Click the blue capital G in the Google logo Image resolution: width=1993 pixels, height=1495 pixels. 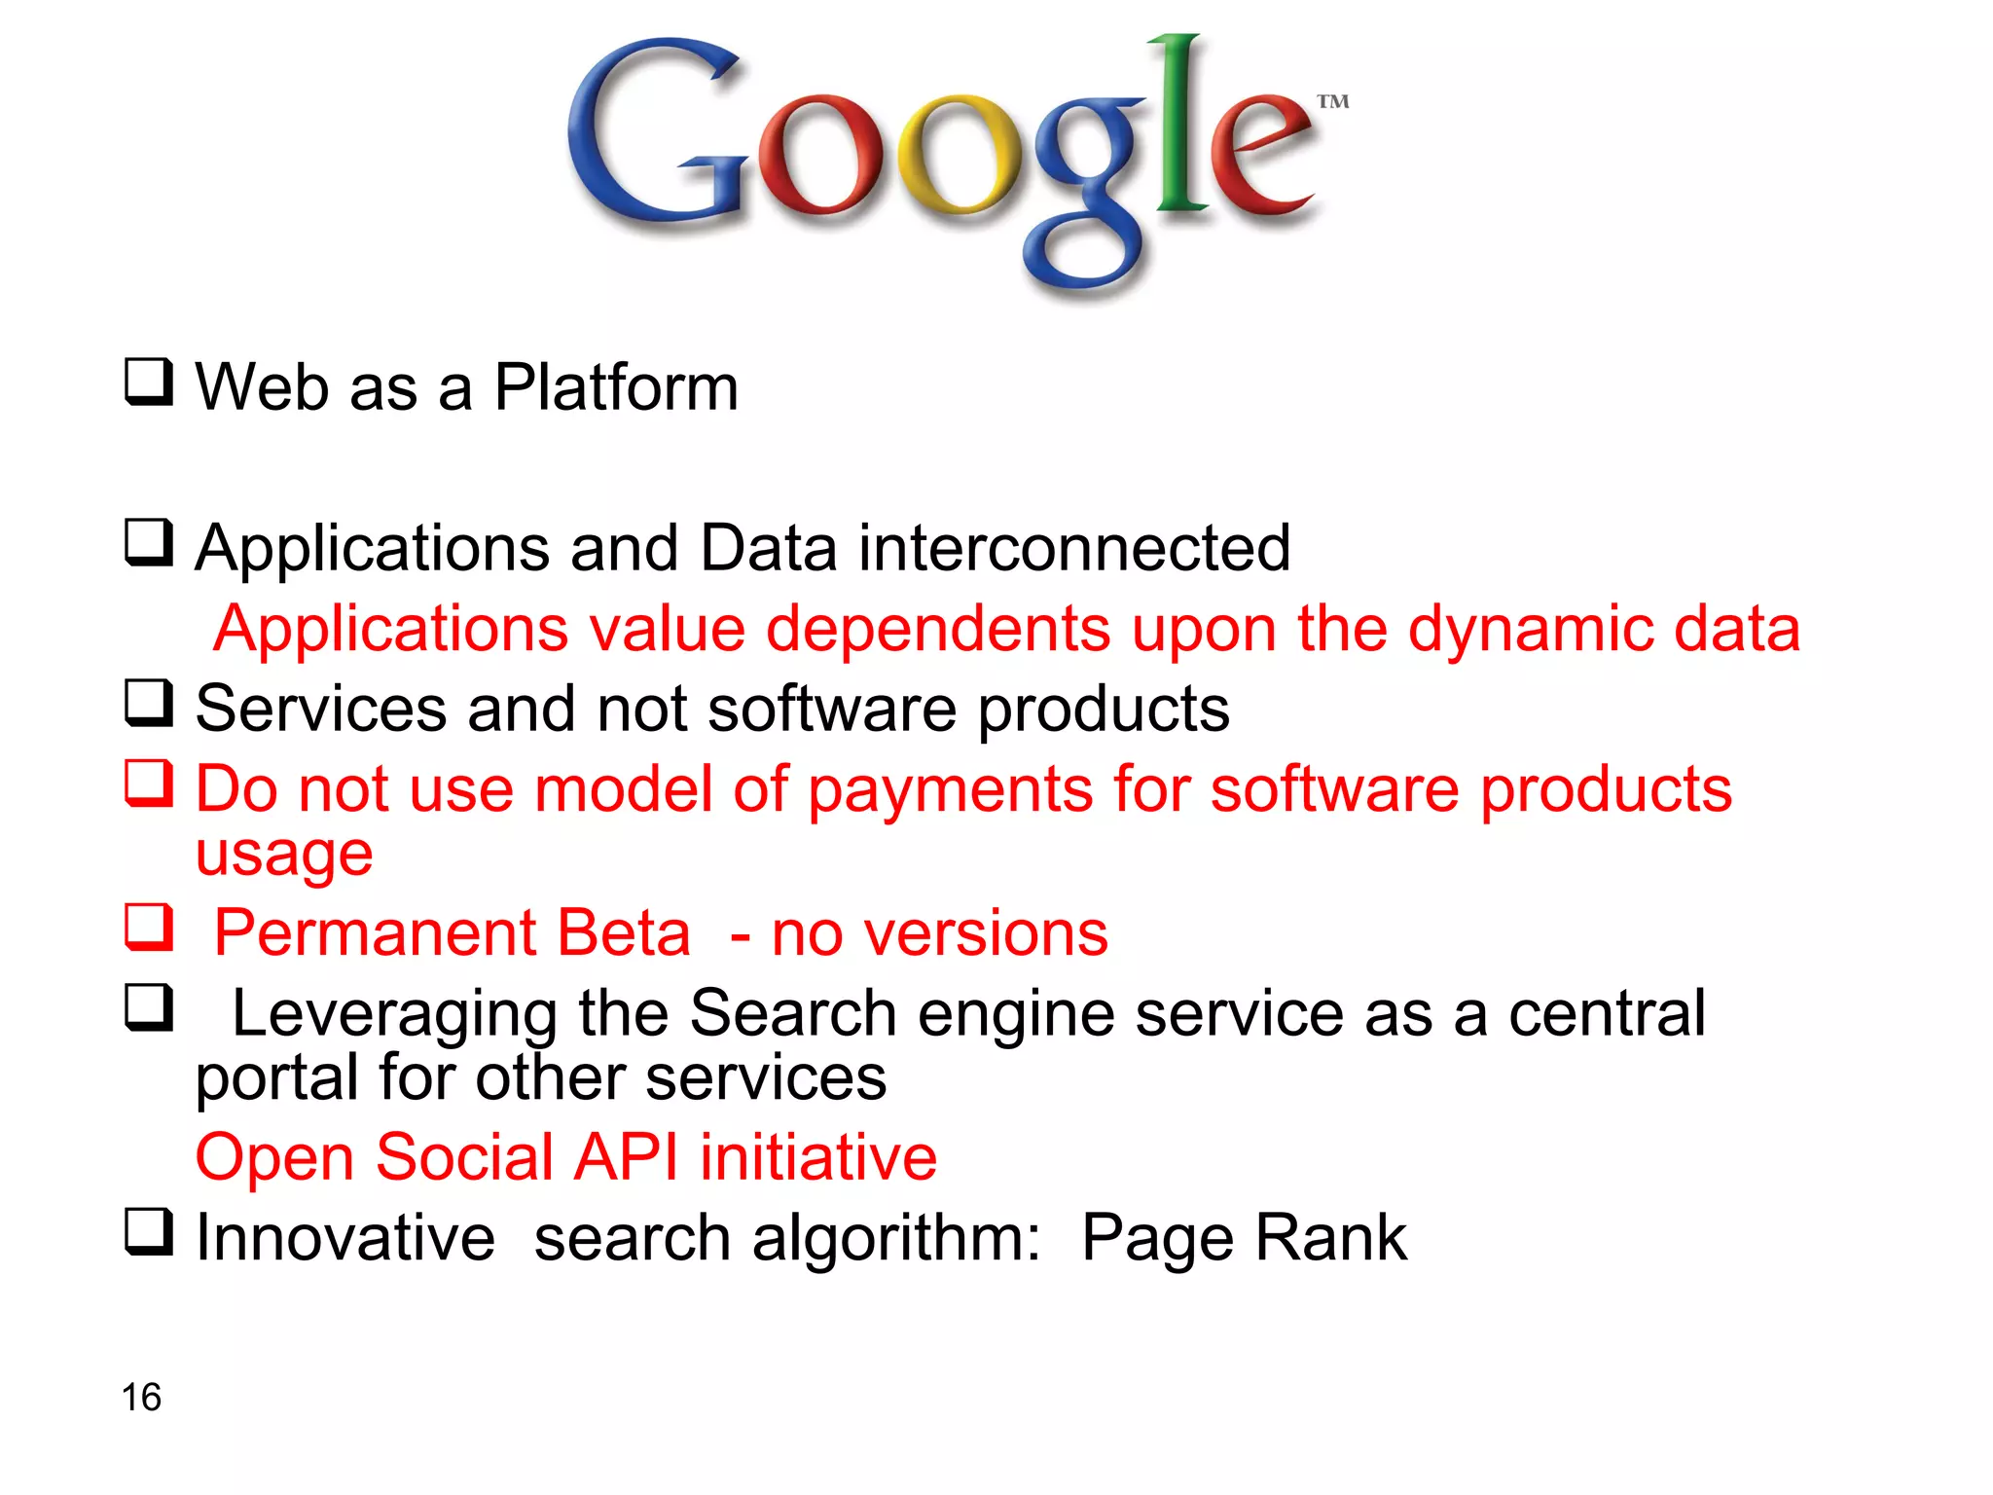[x=652, y=131]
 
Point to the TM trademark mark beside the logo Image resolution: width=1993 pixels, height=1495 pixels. [x=1333, y=101]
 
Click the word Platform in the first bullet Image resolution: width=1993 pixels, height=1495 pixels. [x=616, y=387]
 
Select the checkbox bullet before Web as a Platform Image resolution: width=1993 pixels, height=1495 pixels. [x=149, y=382]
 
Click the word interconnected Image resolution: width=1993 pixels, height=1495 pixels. [x=1074, y=548]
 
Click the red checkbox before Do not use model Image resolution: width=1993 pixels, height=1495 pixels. [x=149, y=784]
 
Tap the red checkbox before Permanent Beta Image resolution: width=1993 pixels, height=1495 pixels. [x=149, y=927]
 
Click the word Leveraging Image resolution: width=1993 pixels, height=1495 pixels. [x=394, y=1014]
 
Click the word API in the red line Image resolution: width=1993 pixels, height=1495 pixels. [x=626, y=1158]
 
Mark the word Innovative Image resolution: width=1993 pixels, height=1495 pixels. [x=345, y=1238]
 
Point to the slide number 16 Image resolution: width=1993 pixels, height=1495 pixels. [x=141, y=1398]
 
